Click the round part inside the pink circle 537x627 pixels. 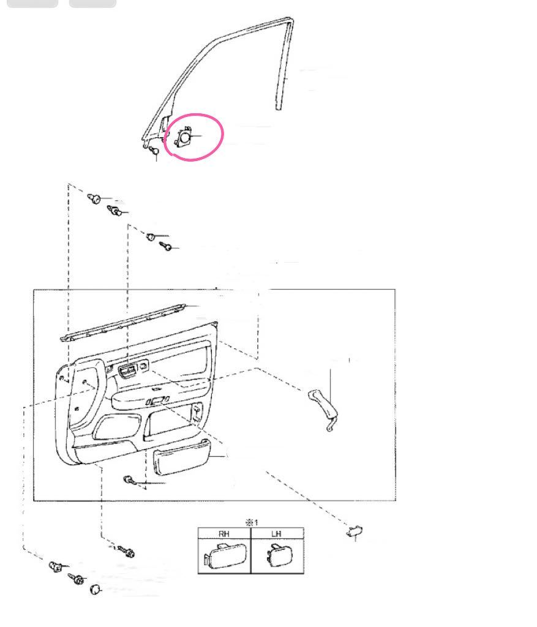coord(185,137)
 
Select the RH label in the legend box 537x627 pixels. coord(224,533)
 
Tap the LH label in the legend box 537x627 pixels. coord(276,533)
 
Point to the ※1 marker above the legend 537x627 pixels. coord(252,522)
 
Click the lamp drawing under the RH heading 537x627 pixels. coord(225,555)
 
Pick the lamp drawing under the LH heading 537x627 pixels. coord(279,555)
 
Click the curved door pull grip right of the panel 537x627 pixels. coord(323,410)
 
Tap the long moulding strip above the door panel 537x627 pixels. coord(122,322)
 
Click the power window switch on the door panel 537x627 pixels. coord(127,371)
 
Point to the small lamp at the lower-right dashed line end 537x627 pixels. coord(355,531)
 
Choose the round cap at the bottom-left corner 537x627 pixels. coord(95,590)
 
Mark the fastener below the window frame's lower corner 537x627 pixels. coord(154,151)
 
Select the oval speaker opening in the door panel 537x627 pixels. coord(118,426)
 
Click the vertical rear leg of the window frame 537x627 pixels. coord(284,64)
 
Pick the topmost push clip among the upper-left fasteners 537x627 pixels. coord(94,198)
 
